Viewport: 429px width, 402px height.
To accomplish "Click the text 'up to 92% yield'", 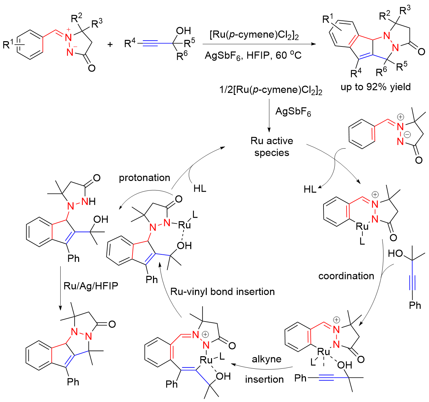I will [x=376, y=87].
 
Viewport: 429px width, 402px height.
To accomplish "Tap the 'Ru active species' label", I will [x=272, y=147].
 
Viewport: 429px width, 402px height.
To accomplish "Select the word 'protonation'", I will [x=144, y=178].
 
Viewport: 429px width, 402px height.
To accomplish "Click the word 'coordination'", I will [x=346, y=276].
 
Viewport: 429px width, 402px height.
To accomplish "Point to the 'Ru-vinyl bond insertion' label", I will [x=223, y=292].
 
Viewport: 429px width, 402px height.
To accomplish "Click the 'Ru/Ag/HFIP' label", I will [x=91, y=286].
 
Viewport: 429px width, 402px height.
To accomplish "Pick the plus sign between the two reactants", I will [x=110, y=44].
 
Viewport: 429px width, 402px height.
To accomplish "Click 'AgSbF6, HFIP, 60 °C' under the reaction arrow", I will [x=253, y=55].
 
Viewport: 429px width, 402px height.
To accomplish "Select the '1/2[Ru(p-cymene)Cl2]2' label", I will [x=271, y=90].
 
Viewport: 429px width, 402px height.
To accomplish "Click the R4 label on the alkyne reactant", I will [x=130, y=43].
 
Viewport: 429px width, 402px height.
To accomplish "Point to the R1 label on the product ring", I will [x=327, y=18].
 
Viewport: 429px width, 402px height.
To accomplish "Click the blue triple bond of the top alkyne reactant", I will [x=154, y=43].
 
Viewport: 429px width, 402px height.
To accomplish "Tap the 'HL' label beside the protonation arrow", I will [x=200, y=188].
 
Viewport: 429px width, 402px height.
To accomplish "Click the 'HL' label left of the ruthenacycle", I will [x=310, y=189].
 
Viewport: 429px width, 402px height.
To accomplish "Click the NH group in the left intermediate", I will [x=89, y=201].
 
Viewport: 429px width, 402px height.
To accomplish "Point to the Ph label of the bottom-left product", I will [x=73, y=382].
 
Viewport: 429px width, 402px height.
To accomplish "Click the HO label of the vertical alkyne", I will [x=395, y=253].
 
